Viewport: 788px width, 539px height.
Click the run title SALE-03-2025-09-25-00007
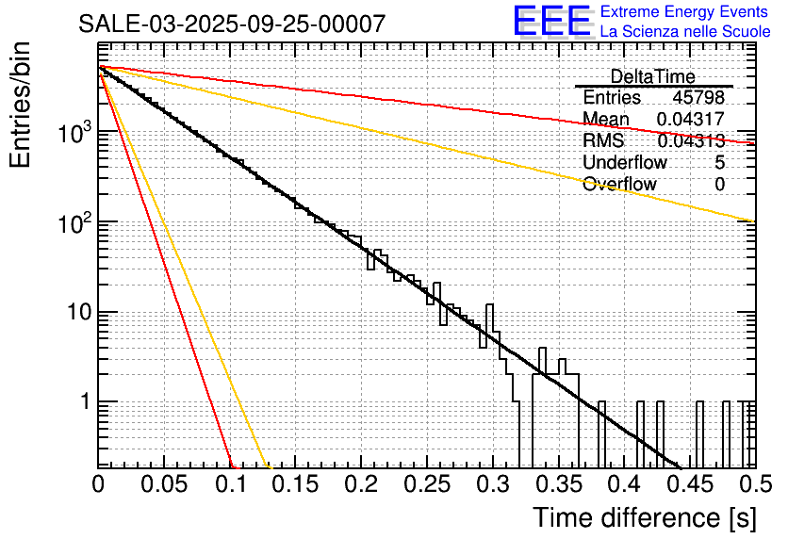(232, 24)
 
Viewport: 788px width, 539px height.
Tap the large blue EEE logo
(551, 22)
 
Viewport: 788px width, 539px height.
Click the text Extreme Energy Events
(683, 12)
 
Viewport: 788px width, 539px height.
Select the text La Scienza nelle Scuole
(685, 32)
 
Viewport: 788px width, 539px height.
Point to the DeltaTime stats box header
(652, 76)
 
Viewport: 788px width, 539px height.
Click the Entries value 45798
(698, 98)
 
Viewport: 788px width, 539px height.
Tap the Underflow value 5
(719, 162)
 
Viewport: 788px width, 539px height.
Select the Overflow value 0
(719, 184)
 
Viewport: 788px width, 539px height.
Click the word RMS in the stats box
(603, 141)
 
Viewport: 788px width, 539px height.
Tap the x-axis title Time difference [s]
(643, 517)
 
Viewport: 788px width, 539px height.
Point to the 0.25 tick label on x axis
(426, 484)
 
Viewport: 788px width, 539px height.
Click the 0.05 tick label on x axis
(164, 484)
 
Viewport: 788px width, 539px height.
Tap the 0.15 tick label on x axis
(295, 484)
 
